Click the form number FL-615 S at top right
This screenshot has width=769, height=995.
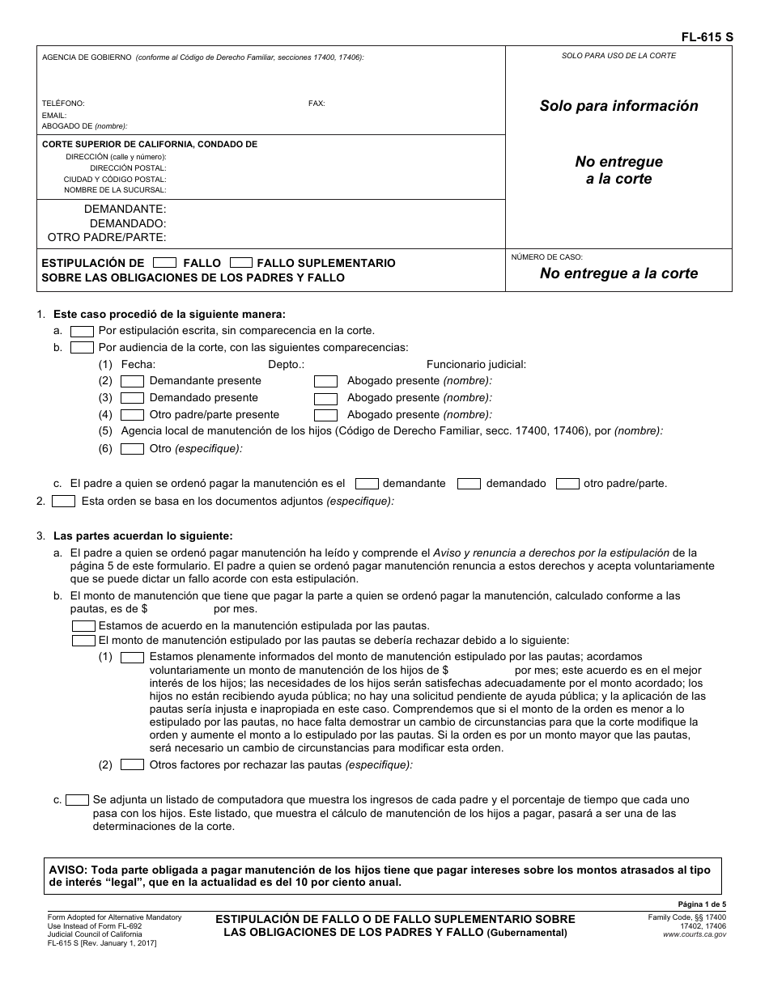click(707, 37)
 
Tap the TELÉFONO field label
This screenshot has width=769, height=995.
click(63, 104)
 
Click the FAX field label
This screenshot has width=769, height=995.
click(317, 104)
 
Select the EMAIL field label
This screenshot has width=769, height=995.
click(53, 116)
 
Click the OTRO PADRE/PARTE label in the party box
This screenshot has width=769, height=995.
click(107, 237)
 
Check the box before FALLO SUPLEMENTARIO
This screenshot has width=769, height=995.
click(241, 262)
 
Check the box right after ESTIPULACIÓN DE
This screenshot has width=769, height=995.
click(164, 262)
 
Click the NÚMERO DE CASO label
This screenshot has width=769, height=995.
click(546, 257)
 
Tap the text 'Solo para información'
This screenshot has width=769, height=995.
click(618, 106)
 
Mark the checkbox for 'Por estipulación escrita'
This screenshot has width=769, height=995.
click(82, 331)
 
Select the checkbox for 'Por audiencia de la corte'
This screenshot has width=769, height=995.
click(82, 348)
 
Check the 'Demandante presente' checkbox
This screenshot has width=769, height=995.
click(132, 381)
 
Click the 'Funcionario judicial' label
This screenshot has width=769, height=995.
click(476, 365)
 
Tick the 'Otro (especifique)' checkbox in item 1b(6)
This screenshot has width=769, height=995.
click(132, 449)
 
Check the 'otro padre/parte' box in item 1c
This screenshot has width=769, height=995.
click(567, 484)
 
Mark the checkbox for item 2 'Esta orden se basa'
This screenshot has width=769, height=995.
click(63, 502)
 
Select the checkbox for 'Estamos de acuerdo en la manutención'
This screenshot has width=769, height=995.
click(83, 626)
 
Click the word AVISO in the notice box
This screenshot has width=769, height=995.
click(67, 870)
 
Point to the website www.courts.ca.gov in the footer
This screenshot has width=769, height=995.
click(694, 934)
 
